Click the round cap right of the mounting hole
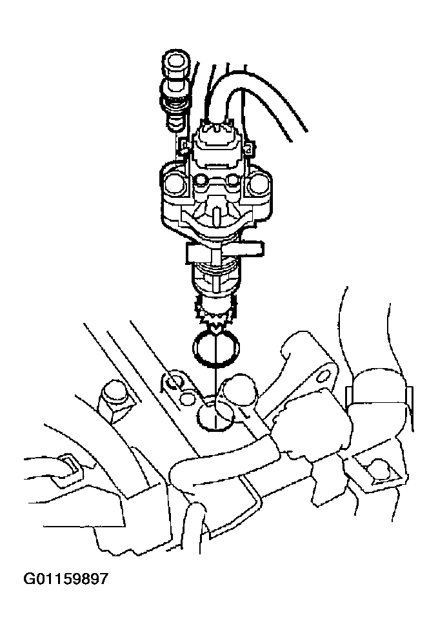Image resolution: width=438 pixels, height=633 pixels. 239,390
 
